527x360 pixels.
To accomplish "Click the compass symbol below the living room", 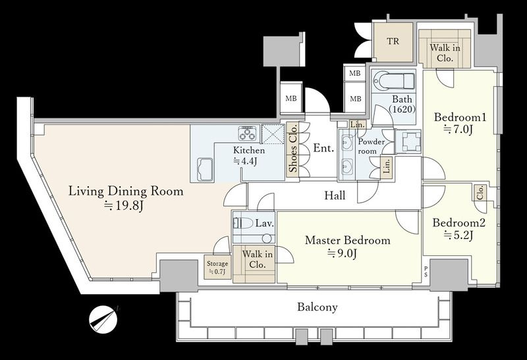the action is point(103,319).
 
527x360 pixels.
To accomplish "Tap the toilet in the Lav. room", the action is point(243,223).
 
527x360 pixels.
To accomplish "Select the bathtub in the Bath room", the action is point(393,80).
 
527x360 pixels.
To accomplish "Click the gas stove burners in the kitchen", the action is point(248,133).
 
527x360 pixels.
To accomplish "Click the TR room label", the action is point(393,41).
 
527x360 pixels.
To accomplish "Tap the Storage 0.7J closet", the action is point(218,268).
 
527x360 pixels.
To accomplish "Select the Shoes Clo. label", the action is point(293,148).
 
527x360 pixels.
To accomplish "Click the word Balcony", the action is point(318,307).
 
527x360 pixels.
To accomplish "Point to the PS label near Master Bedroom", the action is point(426,271).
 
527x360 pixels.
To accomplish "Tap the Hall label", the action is point(335,195).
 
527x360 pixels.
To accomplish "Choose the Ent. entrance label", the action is point(323,148).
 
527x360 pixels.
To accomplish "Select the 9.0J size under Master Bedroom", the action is point(342,253).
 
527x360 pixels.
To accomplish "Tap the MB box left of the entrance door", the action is point(291,99).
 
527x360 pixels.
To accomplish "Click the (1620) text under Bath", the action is point(402,109).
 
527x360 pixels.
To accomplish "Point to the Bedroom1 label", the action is point(460,117).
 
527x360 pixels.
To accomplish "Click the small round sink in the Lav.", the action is point(267,238).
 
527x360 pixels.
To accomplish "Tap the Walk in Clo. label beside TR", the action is point(445,53).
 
